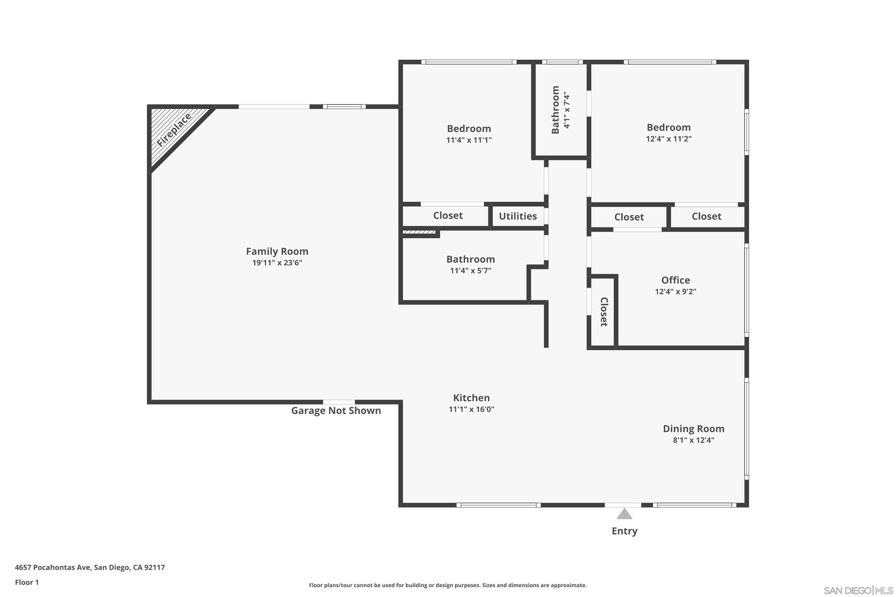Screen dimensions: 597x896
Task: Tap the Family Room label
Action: pyautogui.click(x=277, y=251)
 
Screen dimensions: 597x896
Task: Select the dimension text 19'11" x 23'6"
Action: pyautogui.click(x=277, y=263)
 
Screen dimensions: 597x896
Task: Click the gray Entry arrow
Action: pyautogui.click(x=625, y=514)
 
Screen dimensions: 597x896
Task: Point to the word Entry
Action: pyautogui.click(x=625, y=531)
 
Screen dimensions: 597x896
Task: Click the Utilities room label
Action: pyautogui.click(x=518, y=216)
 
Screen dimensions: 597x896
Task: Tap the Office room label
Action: pyautogui.click(x=675, y=280)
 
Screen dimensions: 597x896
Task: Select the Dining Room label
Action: pyautogui.click(x=693, y=429)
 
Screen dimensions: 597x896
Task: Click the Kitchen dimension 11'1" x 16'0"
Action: pyautogui.click(x=471, y=409)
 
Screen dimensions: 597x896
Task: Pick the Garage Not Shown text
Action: pyautogui.click(x=336, y=410)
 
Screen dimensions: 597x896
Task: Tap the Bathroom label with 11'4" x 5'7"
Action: pyautogui.click(x=470, y=259)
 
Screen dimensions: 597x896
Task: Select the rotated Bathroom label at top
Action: pyautogui.click(x=556, y=110)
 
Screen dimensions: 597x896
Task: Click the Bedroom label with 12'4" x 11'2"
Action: pyautogui.click(x=669, y=127)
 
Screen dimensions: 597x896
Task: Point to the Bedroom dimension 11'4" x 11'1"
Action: pyautogui.click(x=469, y=140)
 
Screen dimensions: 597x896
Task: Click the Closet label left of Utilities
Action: pyautogui.click(x=448, y=216)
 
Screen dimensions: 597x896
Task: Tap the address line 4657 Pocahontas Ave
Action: pyautogui.click(x=90, y=567)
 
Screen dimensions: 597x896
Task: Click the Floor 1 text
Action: pyautogui.click(x=27, y=582)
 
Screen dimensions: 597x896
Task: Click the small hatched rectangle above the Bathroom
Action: pyautogui.click(x=419, y=232)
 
